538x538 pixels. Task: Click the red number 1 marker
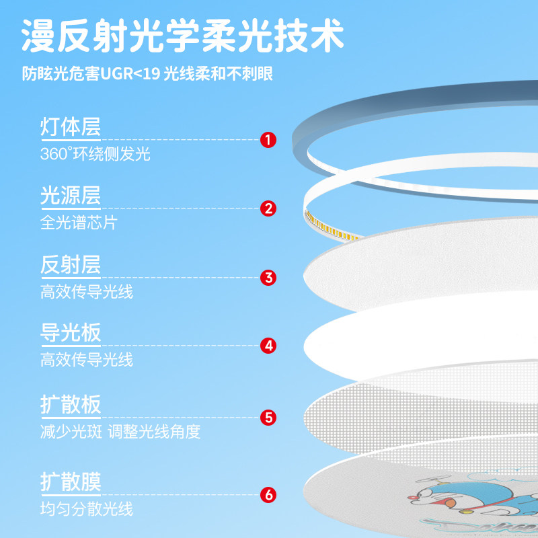[x=268, y=140]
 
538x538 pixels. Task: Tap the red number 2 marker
[x=268, y=208]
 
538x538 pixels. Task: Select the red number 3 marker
[x=268, y=278]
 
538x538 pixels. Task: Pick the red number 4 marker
[x=268, y=346]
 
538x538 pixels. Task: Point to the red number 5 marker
[x=268, y=418]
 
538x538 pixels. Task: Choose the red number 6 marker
[x=268, y=495]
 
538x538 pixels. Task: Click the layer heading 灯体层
[x=71, y=126]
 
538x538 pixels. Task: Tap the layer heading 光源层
[x=71, y=195]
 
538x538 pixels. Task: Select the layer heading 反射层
[x=71, y=264]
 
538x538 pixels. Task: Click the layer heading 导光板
[x=71, y=332]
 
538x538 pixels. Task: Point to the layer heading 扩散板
[x=71, y=405]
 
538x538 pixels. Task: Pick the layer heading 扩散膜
[x=71, y=482]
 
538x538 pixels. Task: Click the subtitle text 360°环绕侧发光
[x=95, y=154]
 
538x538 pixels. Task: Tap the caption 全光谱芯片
[x=79, y=223]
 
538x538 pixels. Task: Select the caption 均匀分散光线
[x=87, y=509]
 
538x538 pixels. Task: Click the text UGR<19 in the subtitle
[x=130, y=73]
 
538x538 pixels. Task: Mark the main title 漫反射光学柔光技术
[x=183, y=36]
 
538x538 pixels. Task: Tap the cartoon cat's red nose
[x=410, y=496]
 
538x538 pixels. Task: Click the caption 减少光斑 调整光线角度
[x=120, y=432]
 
